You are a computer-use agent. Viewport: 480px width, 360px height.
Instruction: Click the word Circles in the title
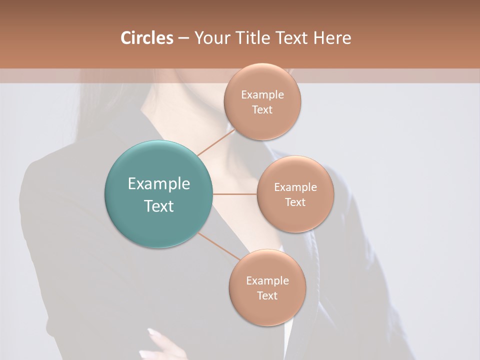coord(147,38)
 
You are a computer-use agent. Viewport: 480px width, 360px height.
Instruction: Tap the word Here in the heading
coord(332,38)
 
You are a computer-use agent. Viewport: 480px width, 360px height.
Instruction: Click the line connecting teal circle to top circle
coord(216,142)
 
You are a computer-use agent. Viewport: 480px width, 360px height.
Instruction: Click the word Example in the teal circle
coord(159,184)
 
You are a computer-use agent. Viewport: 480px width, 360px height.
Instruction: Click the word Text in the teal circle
coord(159,206)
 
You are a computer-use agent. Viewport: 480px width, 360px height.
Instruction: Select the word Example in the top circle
coord(262,95)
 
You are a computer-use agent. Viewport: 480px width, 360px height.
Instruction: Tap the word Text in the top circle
coord(262,110)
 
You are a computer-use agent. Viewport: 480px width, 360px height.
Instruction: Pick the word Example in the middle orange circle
coord(295,187)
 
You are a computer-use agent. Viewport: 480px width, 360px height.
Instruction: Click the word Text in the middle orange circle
coord(295,202)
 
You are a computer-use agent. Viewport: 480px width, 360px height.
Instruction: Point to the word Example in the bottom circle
coord(267,281)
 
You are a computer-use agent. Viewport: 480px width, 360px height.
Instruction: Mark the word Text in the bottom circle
coord(267,296)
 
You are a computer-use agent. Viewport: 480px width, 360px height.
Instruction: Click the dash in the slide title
coord(183,38)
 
